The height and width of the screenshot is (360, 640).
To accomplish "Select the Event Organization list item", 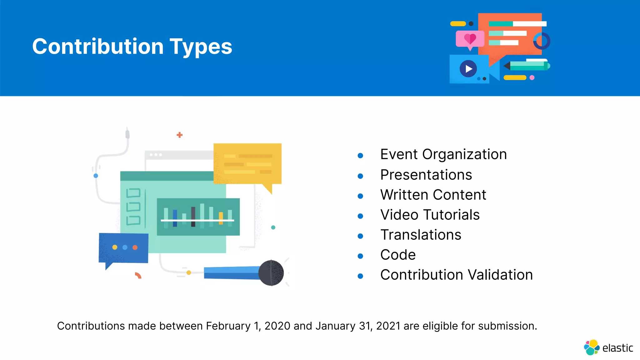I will pyautogui.click(x=443, y=154).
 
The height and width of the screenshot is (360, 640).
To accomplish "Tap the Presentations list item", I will pyautogui.click(x=426, y=175).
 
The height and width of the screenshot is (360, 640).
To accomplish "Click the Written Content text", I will pyautogui.click(x=433, y=195).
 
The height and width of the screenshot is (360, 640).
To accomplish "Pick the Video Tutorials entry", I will pyautogui.click(x=430, y=215).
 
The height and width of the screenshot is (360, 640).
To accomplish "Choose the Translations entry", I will pyautogui.click(x=421, y=235).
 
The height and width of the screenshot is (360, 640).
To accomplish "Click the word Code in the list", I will pyautogui.click(x=398, y=255).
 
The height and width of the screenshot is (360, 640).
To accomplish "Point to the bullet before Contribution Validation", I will pyautogui.click(x=360, y=276).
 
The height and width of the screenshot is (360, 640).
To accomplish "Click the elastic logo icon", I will pyautogui.click(x=591, y=347).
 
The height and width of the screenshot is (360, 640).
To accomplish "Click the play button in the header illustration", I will pyautogui.click(x=468, y=69).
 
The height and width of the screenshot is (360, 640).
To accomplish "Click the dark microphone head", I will pyautogui.click(x=271, y=273).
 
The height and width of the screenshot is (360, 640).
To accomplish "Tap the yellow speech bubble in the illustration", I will pyautogui.click(x=247, y=164).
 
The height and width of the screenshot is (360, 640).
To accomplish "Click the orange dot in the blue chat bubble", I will pyautogui.click(x=135, y=247).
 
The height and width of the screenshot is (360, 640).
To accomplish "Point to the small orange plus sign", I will pyautogui.click(x=179, y=135).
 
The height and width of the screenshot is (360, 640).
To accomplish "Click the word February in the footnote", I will pyautogui.click(x=228, y=326).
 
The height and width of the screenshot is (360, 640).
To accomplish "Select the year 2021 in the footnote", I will pyautogui.click(x=388, y=326).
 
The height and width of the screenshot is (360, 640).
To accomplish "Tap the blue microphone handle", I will pyautogui.click(x=231, y=273).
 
